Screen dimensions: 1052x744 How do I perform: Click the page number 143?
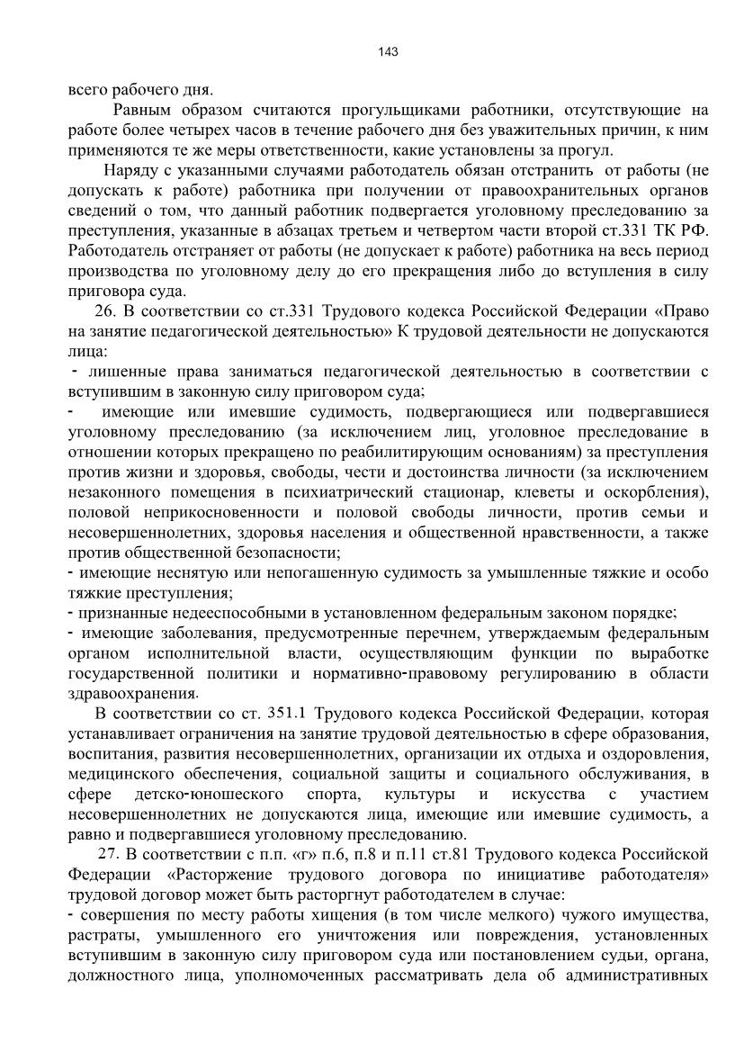388,51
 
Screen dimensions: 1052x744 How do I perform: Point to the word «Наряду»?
130,171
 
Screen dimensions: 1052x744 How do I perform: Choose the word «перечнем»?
451,633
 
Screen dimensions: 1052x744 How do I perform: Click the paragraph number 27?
107,853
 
